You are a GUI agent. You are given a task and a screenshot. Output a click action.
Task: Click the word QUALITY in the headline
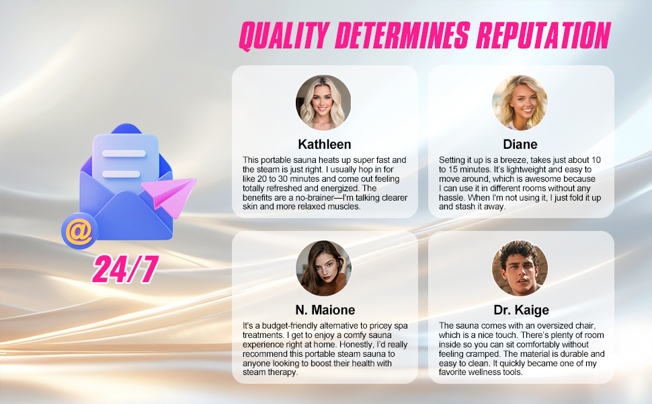click(285, 36)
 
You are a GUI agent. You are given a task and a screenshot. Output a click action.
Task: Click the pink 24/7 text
click(125, 269)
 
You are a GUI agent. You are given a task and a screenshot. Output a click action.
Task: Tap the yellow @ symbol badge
click(79, 231)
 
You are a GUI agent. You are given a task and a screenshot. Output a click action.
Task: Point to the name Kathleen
click(325, 144)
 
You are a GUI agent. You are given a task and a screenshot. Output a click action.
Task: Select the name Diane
click(520, 144)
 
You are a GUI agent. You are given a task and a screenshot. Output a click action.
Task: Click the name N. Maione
click(325, 310)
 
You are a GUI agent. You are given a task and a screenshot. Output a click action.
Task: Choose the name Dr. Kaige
click(521, 310)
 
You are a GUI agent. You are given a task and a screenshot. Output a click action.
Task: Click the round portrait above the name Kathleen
click(323, 102)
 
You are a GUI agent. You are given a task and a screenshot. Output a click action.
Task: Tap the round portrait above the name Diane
click(520, 102)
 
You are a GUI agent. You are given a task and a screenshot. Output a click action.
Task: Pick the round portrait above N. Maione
click(323, 268)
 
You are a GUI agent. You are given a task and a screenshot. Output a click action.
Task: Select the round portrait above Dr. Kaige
click(520, 268)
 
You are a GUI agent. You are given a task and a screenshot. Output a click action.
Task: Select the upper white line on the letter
click(124, 154)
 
